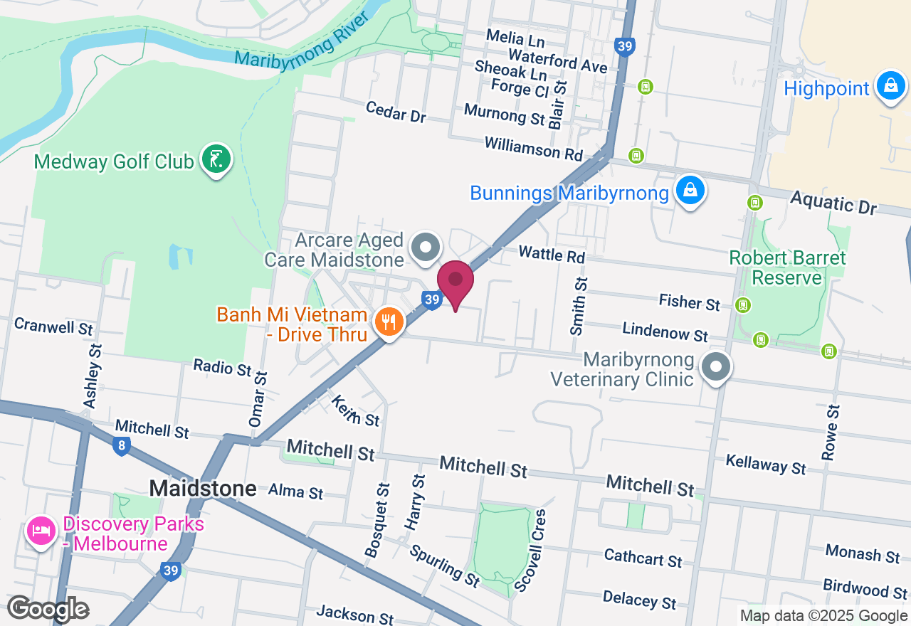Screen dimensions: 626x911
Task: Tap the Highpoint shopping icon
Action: click(890, 87)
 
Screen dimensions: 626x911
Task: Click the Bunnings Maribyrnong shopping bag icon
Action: click(690, 191)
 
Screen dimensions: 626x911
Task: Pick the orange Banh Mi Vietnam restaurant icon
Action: click(389, 323)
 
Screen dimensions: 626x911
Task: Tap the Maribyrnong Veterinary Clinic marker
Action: click(716, 368)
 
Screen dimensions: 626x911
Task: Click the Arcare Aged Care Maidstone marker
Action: click(426, 248)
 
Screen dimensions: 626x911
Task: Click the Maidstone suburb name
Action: click(203, 488)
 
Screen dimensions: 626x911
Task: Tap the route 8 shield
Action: click(121, 446)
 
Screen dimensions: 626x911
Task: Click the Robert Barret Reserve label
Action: click(787, 267)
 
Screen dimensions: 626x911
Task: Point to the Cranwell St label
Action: click(54, 326)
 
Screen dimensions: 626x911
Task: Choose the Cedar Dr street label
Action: click(395, 112)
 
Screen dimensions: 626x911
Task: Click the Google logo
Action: click(48, 609)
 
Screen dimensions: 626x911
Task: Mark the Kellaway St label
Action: click(766, 464)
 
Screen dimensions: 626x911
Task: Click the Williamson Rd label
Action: click(533, 149)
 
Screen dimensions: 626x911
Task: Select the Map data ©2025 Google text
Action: click(824, 616)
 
